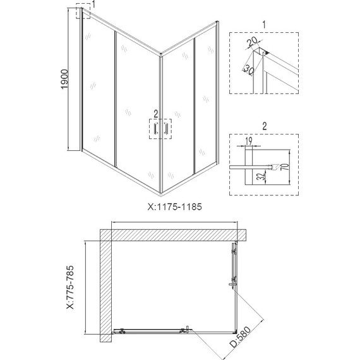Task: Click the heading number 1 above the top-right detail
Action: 264,23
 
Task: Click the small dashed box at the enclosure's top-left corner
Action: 83,12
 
